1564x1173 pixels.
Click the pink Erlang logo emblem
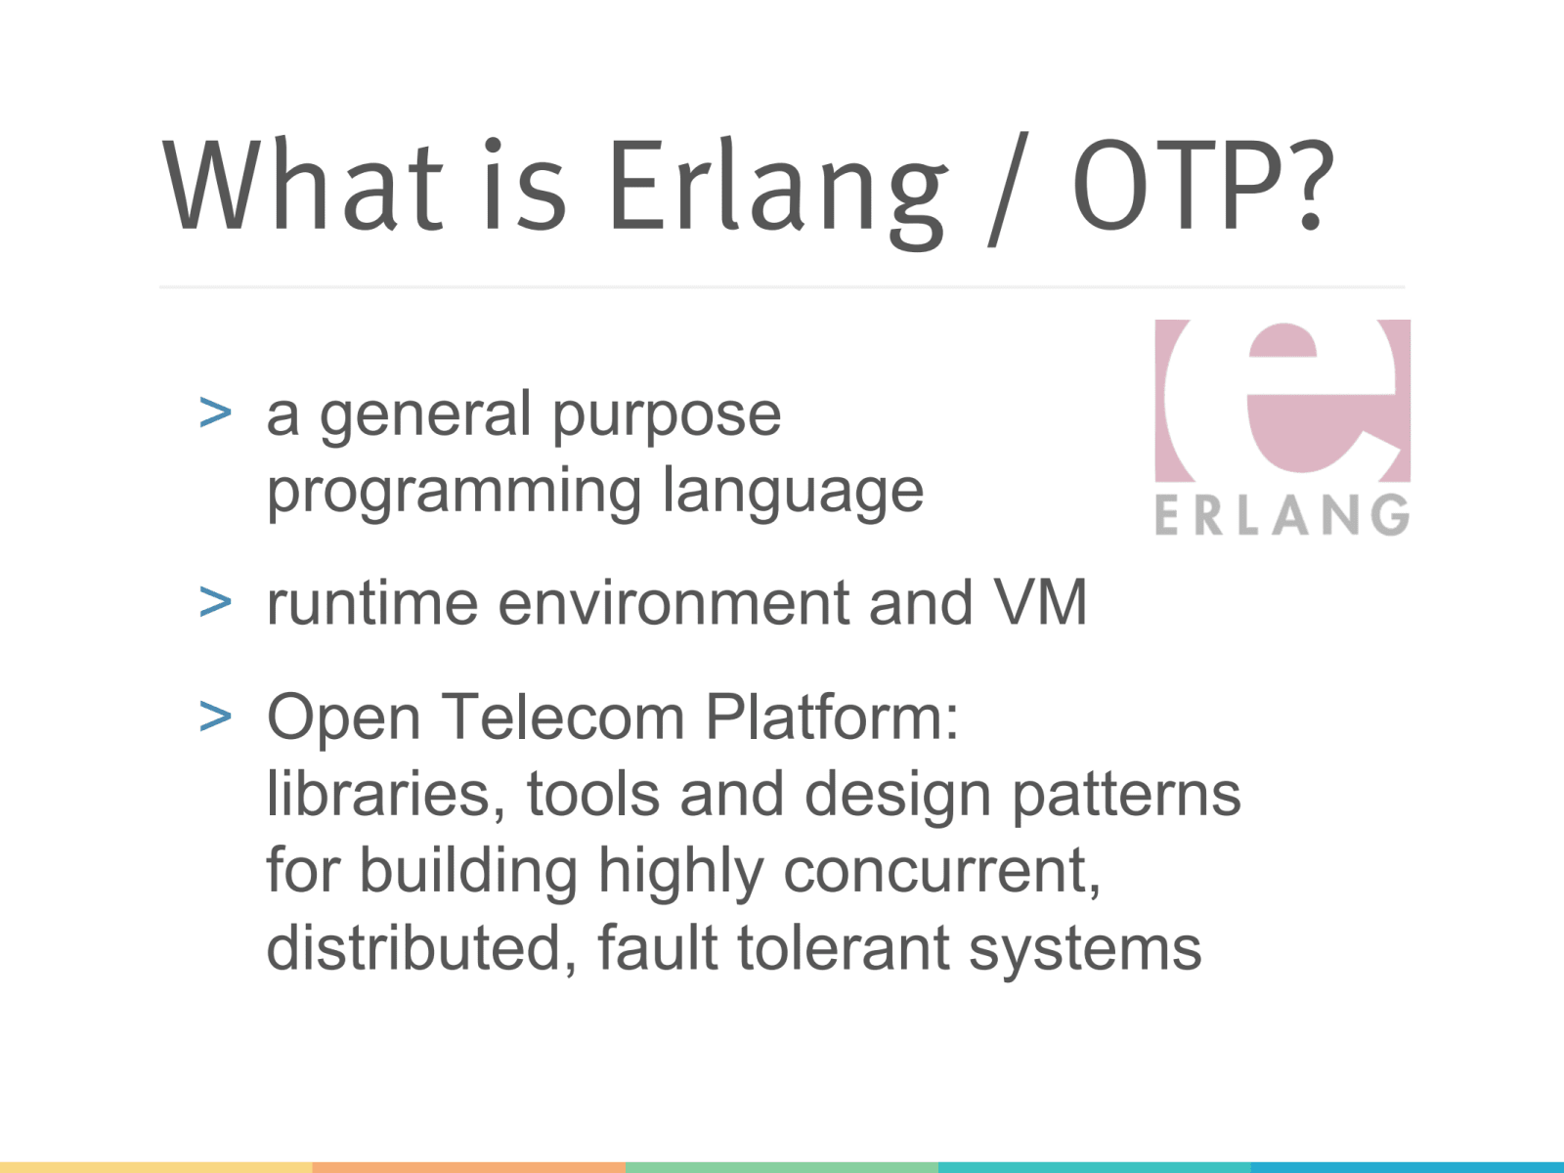tap(1282, 401)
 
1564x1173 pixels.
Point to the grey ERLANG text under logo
tap(1282, 515)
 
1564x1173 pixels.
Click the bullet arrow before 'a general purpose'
tap(215, 413)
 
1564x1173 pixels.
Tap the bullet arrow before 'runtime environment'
tap(215, 602)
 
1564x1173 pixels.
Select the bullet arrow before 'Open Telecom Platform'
tap(215, 717)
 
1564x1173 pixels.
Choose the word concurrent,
tap(942, 870)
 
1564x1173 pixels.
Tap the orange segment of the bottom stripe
tap(469, 1167)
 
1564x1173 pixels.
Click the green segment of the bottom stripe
tap(782, 1167)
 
